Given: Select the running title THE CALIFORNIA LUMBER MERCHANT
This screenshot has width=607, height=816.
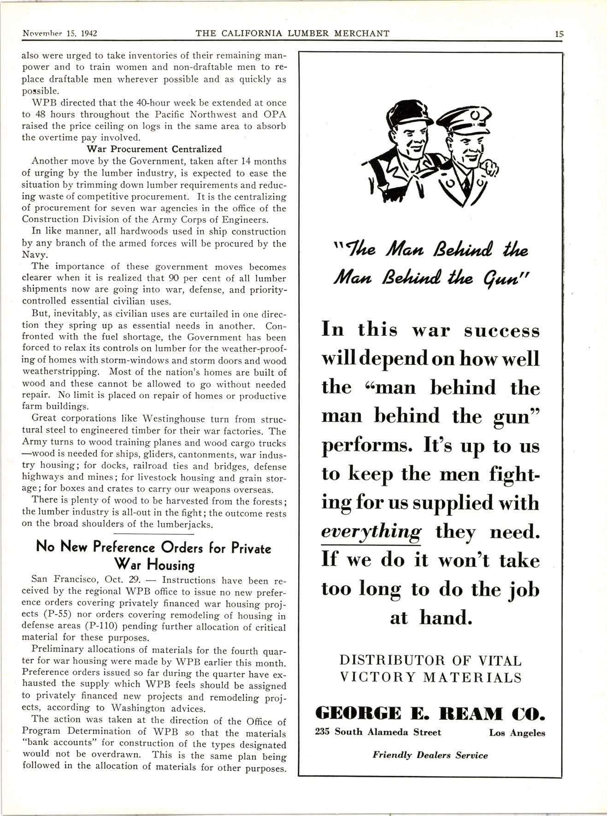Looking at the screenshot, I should coord(292,33).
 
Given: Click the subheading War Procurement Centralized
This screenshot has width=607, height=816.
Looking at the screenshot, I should coord(154,149).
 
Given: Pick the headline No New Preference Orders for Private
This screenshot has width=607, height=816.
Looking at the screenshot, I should coord(153,548).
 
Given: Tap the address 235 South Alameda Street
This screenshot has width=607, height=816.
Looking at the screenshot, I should coord(378,732).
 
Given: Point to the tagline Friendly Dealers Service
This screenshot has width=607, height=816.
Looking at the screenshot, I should coord(430,755).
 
